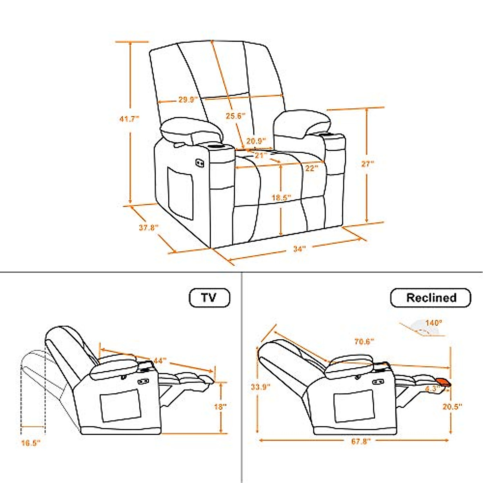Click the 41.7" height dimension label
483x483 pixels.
point(129,118)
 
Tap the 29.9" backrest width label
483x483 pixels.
point(187,99)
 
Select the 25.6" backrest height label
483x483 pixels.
point(235,116)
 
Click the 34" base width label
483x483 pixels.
point(299,249)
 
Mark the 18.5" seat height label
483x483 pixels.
point(281,198)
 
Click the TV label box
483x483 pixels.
point(209,298)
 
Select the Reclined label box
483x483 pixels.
point(431,298)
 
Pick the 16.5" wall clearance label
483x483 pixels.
point(31,443)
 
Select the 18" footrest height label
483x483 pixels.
point(221,407)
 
